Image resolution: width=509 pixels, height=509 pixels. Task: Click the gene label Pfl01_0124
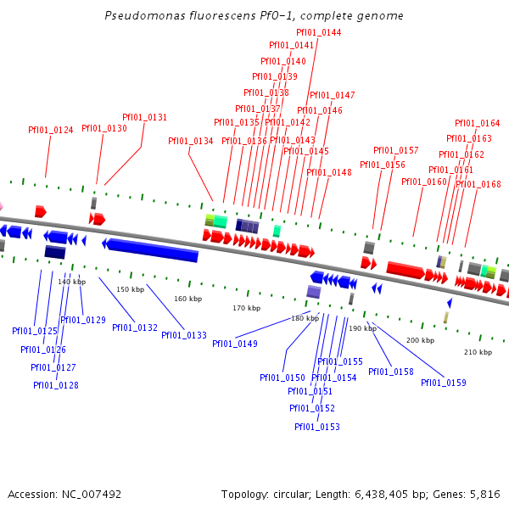(x=51, y=130)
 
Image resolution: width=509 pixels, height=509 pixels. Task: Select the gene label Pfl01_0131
(x=144, y=117)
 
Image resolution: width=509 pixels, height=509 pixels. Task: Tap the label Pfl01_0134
(x=190, y=141)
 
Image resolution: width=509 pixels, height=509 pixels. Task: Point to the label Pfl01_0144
(x=319, y=32)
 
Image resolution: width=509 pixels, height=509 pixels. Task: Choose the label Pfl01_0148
(x=329, y=172)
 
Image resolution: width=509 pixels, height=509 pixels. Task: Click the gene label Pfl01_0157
(x=396, y=150)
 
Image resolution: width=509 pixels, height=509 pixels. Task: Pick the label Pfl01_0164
(x=478, y=123)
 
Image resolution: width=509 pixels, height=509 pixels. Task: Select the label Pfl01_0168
(x=478, y=184)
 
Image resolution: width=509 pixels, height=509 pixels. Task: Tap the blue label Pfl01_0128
(x=56, y=385)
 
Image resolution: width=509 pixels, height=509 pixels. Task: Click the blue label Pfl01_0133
(x=184, y=335)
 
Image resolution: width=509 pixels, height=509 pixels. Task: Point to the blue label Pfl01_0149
(x=235, y=344)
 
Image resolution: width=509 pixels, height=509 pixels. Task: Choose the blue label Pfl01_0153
(x=317, y=427)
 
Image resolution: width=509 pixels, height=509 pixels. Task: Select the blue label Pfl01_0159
(x=444, y=383)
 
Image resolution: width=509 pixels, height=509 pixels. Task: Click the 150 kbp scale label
(x=131, y=289)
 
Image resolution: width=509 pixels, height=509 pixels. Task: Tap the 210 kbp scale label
(x=478, y=351)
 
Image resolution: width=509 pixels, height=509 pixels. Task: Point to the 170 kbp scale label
(x=246, y=308)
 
